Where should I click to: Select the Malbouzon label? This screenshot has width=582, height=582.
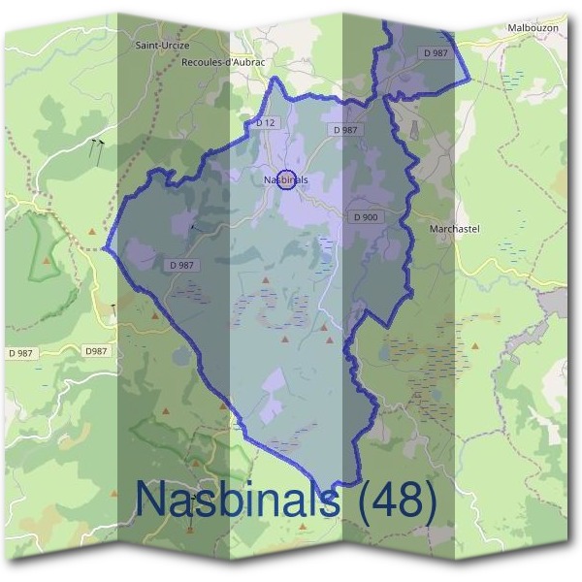(x=533, y=29)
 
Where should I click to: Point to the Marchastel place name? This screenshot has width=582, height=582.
(x=454, y=229)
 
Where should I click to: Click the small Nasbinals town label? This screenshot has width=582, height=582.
(x=285, y=179)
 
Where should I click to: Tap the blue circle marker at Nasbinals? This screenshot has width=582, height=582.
(x=286, y=179)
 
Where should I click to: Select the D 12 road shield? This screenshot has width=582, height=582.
(x=267, y=122)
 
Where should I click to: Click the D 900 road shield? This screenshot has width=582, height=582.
(x=366, y=217)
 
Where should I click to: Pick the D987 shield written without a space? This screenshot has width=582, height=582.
(x=97, y=350)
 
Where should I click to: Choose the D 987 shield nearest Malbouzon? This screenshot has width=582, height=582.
(x=435, y=51)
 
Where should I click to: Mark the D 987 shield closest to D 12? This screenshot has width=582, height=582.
(x=344, y=129)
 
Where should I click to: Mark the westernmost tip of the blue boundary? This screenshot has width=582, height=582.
(x=105, y=249)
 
